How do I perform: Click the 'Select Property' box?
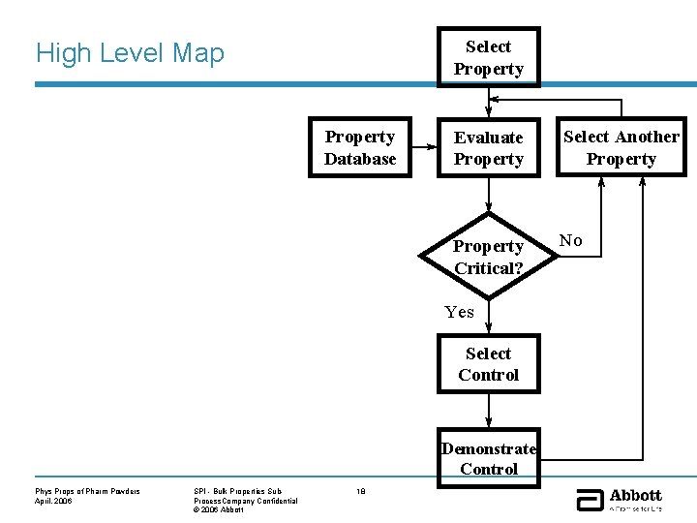point(488,57)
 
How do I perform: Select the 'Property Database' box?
point(360,148)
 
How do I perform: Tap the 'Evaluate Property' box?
point(488,148)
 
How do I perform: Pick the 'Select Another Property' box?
point(621,148)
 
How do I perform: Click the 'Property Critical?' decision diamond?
point(488,257)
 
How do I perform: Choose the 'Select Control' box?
point(488,364)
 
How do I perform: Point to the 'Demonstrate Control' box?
point(488,456)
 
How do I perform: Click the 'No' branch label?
point(572,240)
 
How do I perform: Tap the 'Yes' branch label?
point(459,312)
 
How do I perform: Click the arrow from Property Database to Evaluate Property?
point(423,148)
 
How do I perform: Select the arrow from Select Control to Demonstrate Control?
point(489,411)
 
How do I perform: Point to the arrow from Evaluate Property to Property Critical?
point(489,196)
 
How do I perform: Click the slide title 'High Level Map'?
point(130,53)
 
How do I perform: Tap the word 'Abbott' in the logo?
point(635,495)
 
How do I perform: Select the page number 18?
point(360,492)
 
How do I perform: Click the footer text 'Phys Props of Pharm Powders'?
point(87,492)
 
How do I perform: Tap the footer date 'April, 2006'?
point(55,501)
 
